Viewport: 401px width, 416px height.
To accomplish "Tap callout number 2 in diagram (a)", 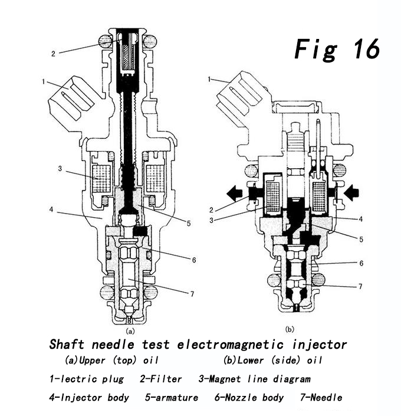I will tap(53, 54).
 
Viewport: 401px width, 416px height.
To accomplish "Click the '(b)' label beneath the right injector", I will tap(290, 329).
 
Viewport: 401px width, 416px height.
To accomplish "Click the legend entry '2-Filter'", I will tap(160, 379).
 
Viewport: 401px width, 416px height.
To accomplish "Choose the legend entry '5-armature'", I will tap(172, 398).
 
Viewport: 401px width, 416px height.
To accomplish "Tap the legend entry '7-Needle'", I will tap(321, 398).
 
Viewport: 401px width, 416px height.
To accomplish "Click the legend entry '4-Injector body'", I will tap(89, 398).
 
